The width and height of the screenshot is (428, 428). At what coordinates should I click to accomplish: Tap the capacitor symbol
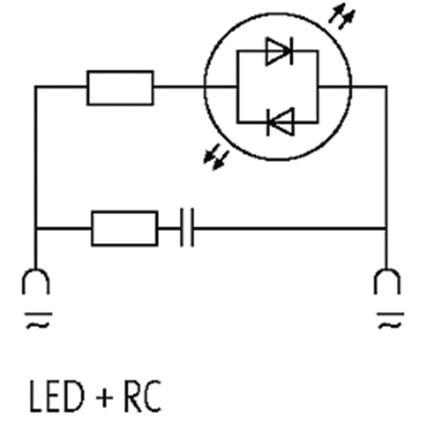coord(187,228)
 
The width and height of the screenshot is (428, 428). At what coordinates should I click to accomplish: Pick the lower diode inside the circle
coord(280,122)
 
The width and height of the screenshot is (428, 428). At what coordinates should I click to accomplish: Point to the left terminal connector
coord(36,281)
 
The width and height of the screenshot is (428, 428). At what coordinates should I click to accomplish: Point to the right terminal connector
coord(387,281)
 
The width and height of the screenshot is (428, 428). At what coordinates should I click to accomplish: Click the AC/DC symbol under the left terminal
coord(38,320)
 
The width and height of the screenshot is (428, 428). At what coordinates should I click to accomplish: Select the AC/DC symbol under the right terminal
coord(391,320)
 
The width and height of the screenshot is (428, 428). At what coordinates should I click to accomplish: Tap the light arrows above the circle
coord(342,16)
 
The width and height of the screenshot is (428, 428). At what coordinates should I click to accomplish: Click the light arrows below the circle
coord(216,157)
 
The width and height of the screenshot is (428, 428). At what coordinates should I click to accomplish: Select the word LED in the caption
coord(57,396)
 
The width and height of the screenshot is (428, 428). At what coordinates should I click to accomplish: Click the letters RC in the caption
coord(142,396)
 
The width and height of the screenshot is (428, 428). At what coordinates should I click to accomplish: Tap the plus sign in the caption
coord(104,398)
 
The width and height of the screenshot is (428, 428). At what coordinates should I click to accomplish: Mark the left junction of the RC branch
coord(36,228)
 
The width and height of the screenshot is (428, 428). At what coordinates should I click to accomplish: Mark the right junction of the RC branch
coord(386,228)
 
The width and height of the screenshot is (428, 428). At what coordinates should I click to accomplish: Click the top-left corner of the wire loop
coord(35,87)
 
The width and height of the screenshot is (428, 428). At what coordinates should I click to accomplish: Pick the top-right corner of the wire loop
coord(386,87)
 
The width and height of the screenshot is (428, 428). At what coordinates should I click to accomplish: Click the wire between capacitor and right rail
coord(289,228)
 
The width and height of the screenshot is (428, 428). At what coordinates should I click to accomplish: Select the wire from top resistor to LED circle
coord(179,87)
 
